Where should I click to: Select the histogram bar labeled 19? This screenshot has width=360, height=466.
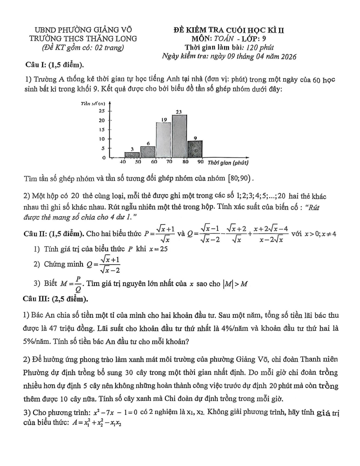163,140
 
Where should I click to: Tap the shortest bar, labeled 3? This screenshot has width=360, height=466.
132,154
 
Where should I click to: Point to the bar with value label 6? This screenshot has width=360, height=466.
148,152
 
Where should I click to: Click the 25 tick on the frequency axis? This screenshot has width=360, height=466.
101,111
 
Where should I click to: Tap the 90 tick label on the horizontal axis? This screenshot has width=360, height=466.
201,162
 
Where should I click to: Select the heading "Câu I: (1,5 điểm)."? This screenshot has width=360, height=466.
55,65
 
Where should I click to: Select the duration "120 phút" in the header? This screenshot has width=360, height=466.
260,47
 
